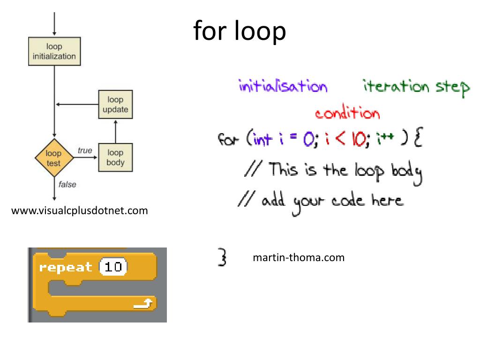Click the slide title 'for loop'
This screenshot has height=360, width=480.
[240, 32]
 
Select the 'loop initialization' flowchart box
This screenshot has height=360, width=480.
[54, 52]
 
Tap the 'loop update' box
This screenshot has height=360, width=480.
[115, 105]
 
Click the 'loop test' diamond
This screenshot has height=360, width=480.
[54, 158]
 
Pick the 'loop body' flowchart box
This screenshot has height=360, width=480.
[115, 157]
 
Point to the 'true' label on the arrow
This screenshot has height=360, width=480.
[85, 150]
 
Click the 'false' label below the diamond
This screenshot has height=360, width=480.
[67, 184]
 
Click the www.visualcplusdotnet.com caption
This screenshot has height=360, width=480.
[79, 211]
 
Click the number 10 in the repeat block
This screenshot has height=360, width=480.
[113, 267]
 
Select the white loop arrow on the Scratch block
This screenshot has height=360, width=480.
[143, 304]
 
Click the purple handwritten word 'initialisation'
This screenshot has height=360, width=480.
[283, 87]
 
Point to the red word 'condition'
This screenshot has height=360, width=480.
[347, 113]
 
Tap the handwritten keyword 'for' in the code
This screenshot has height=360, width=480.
[228, 140]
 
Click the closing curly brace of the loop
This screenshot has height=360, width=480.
[223, 257]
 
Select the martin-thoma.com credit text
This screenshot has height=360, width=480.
[298, 257]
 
